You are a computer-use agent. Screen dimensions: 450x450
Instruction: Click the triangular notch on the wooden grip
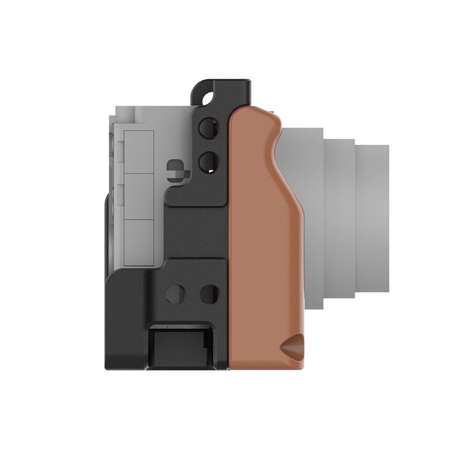pos(292,346)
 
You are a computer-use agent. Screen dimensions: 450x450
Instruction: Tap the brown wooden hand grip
pos(262,234)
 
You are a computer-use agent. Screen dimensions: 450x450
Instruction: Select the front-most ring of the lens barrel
pos(373,216)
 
